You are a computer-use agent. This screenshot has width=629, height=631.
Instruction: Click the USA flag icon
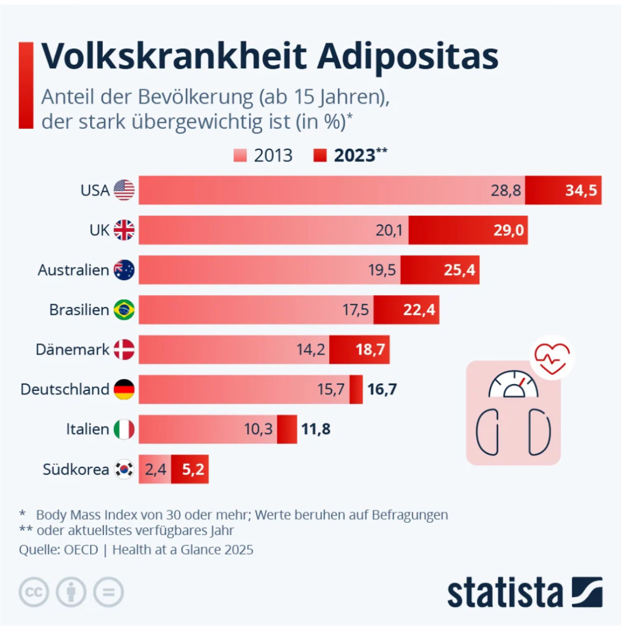pos(124,190)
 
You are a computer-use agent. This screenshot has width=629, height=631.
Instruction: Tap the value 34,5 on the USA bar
pos(581,190)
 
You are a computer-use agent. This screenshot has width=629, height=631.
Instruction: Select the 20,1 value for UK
pos(389,230)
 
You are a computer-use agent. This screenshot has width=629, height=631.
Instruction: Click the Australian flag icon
pos(124,270)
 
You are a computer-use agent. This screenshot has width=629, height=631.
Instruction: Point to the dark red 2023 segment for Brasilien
pos(406,310)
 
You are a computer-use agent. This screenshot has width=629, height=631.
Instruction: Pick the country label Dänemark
pos(72,350)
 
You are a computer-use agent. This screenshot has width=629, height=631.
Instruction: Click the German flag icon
pos(124,389)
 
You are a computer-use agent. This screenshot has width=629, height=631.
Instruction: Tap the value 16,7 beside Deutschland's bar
pos(382,389)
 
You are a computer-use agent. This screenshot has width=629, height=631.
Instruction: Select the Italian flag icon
pos(124,429)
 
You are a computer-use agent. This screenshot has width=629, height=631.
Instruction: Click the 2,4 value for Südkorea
pos(155,470)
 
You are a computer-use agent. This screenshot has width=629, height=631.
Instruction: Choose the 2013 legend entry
pos(264,156)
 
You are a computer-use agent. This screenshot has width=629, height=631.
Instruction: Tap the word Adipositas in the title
pos(407,56)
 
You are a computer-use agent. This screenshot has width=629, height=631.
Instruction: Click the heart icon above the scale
pos(552,355)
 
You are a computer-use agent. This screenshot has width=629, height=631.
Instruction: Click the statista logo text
pos(505,593)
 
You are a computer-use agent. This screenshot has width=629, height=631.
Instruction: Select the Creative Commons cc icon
pos(34,593)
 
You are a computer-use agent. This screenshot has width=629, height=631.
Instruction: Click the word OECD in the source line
pos(81,549)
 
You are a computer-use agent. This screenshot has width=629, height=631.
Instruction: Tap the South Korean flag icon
pos(124,470)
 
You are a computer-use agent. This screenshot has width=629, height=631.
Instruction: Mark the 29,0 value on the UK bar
pos(508,230)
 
